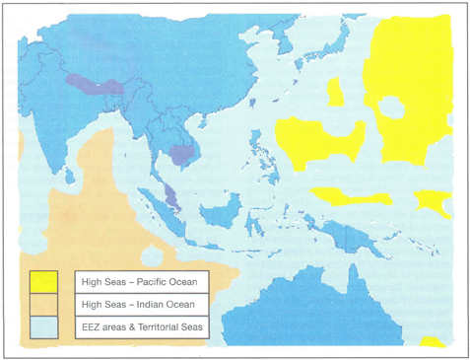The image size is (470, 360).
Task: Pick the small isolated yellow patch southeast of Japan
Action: pyautogui.click(x=335, y=93)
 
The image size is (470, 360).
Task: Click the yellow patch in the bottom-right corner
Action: pyautogui.click(x=432, y=341)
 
